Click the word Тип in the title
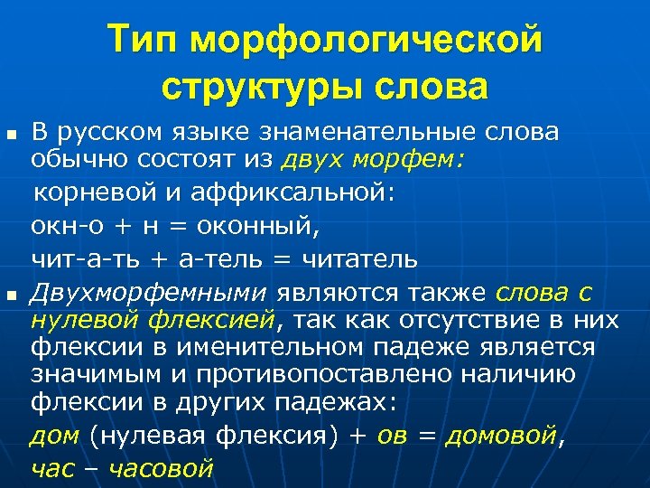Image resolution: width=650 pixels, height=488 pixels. (145, 41)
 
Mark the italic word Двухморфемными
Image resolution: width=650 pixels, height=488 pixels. (149, 292)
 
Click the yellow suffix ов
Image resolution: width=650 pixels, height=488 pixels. (390, 436)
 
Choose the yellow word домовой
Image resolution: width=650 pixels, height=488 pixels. (500, 436)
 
